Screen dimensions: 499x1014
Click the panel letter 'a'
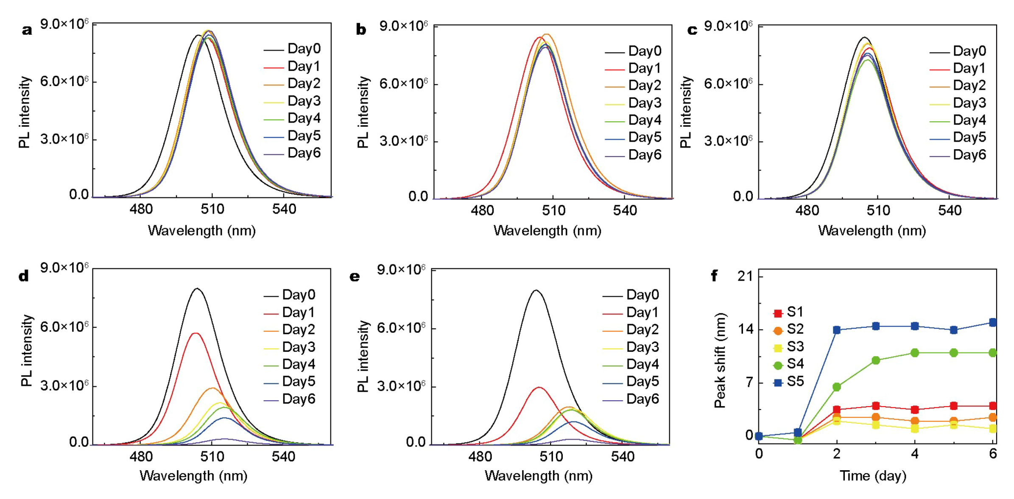27,30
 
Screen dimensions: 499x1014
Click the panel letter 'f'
714,276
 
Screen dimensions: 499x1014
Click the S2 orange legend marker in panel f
778,330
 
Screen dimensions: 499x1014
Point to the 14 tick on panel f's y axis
746,329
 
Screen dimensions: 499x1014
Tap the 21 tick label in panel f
745,276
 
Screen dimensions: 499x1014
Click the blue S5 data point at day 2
837,330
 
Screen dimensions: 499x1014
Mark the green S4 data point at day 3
876,360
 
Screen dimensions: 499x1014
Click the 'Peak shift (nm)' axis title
720,360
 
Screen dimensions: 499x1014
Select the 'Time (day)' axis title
873,476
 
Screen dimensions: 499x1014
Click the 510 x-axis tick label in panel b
553,211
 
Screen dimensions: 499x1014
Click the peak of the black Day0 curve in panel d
197,289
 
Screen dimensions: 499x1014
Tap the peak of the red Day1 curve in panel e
539,387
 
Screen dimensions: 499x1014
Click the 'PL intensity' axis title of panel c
685,112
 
